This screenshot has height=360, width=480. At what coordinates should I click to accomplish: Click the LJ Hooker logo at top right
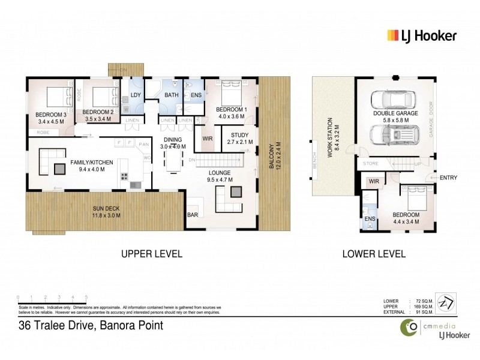(x=421, y=35)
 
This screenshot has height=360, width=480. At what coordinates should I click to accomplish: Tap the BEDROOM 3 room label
(x=49, y=114)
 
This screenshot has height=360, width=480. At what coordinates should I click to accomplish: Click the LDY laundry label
(x=135, y=95)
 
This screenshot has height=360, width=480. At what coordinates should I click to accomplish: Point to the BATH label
(x=171, y=95)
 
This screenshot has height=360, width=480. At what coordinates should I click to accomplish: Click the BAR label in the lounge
(x=193, y=214)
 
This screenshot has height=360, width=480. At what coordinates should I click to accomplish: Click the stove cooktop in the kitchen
(x=125, y=176)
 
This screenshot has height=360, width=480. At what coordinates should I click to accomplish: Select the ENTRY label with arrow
(x=446, y=177)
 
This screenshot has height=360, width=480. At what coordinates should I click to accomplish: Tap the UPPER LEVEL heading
(x=152, y=254)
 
